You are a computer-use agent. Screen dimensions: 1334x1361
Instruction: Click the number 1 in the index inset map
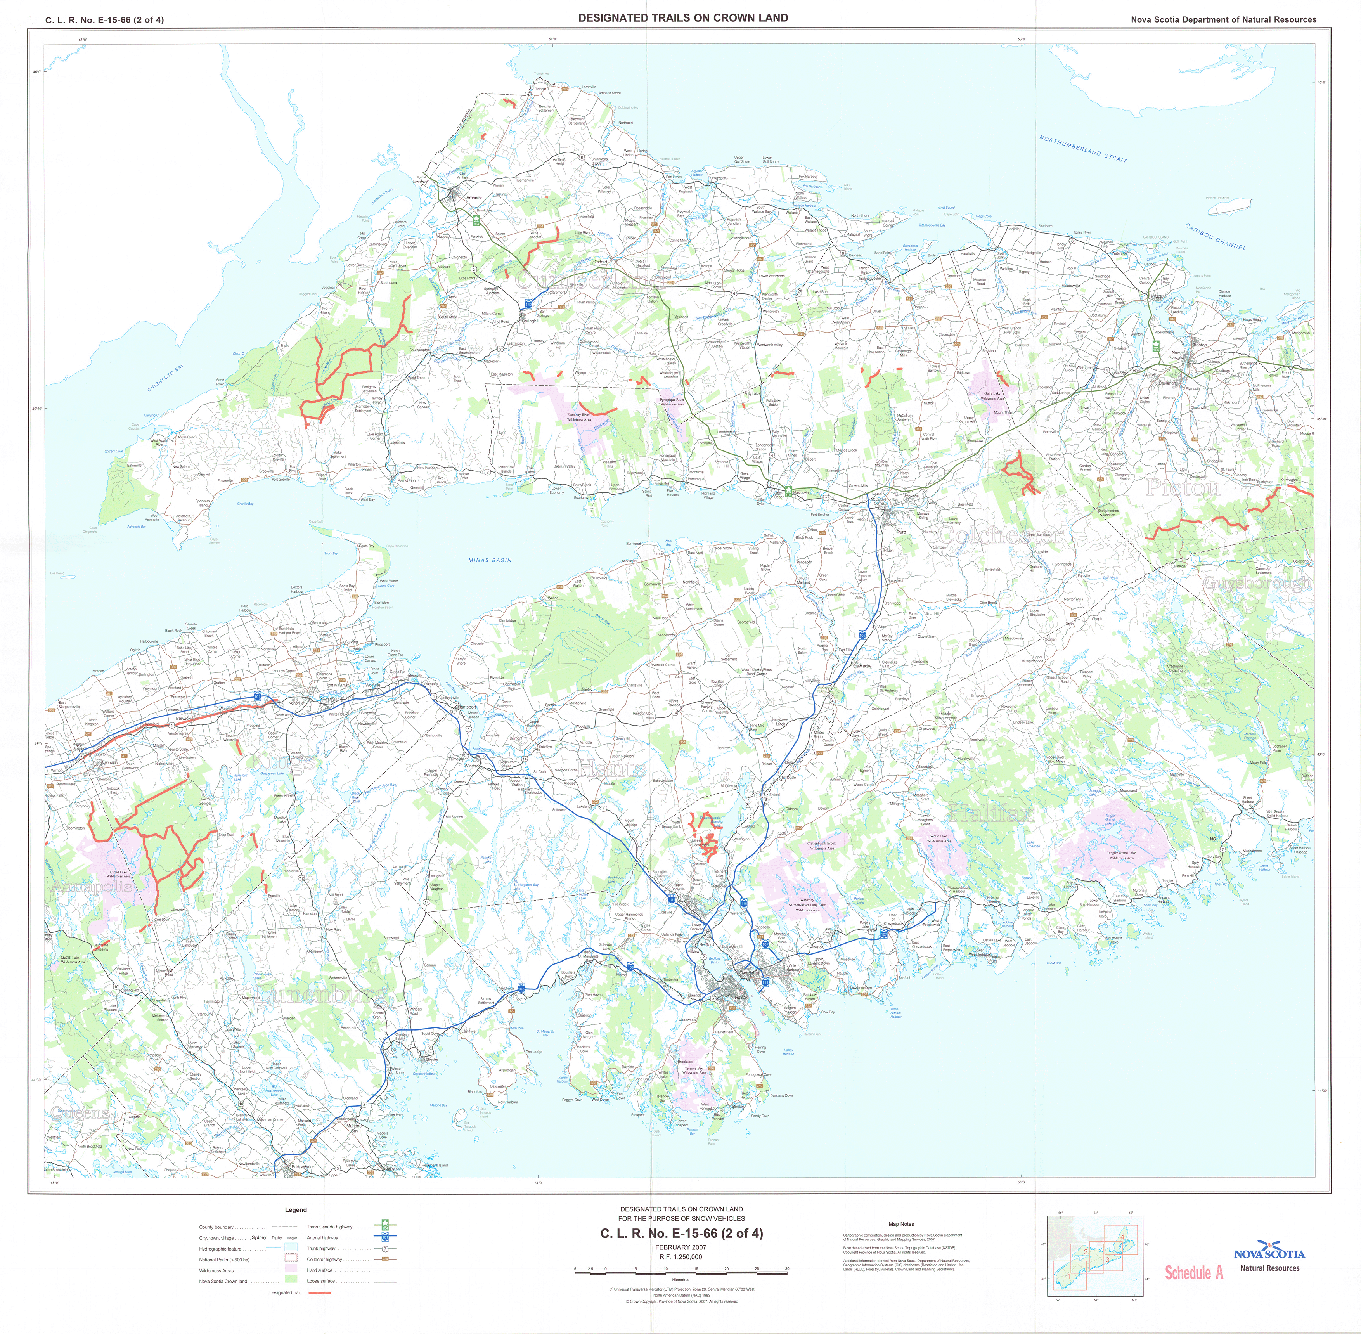click(x=1069, y=1277)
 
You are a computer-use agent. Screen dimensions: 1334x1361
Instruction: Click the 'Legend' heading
click(x=296, y=1209)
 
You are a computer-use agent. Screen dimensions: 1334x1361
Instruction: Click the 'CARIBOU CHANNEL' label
click(x=1215, y=236)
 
